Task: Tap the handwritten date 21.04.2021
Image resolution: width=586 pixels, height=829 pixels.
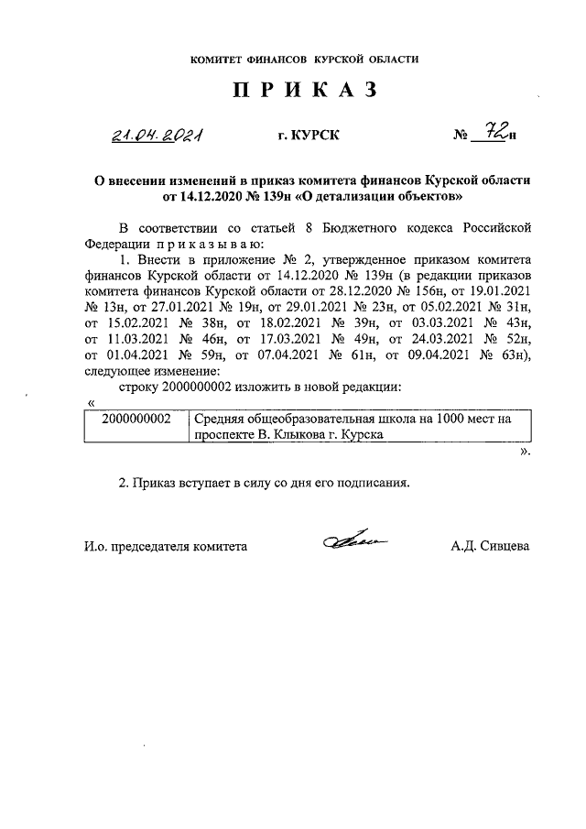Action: point(157,136)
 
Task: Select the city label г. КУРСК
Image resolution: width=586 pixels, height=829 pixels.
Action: point(309,137)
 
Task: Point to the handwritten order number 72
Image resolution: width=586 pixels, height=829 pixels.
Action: point(495,135)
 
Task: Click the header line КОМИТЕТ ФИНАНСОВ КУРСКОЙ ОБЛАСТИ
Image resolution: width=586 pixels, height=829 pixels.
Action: point(304,60)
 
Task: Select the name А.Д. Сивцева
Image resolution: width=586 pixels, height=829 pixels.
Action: point(490,545)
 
